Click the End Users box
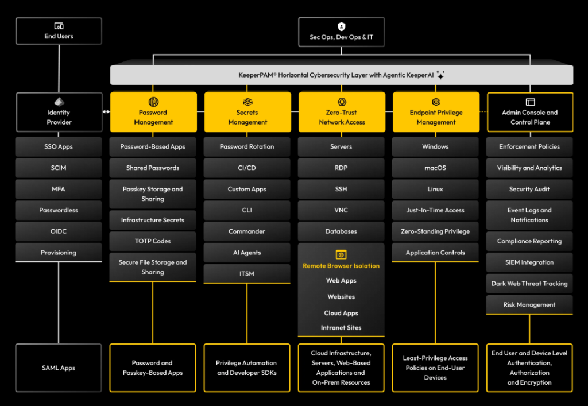59,31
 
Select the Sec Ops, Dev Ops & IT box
342,31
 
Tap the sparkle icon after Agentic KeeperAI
440,75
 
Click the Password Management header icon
153,102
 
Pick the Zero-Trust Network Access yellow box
342,112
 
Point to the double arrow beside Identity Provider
106,111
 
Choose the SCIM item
59,168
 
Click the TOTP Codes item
153,241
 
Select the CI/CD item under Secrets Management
247,168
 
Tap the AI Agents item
247,253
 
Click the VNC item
341,210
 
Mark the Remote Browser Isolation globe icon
341,254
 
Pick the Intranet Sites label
341,328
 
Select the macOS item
435,168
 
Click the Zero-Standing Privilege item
435,231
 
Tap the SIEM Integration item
529,262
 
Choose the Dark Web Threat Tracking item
529,284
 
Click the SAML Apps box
59,368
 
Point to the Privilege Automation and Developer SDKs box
247,368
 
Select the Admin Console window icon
530,102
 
